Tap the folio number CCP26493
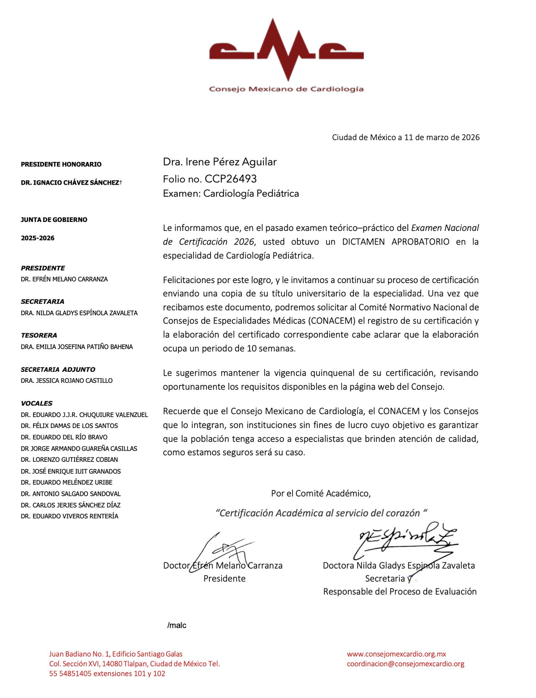point(231,179)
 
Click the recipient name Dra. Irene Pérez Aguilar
point(220,162)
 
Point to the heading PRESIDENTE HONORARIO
point(61,164)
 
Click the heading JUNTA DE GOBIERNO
point(54,219)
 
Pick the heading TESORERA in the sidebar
point(39,335)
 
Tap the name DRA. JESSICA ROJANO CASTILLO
point(67,381)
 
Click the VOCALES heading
point(37,403)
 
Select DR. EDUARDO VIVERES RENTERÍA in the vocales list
point(70,516)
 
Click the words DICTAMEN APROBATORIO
point(396,242)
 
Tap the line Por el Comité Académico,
point(321,493)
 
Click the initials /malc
point(177,625)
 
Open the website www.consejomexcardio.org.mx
point(397,654)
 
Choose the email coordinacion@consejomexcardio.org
point(405,664)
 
